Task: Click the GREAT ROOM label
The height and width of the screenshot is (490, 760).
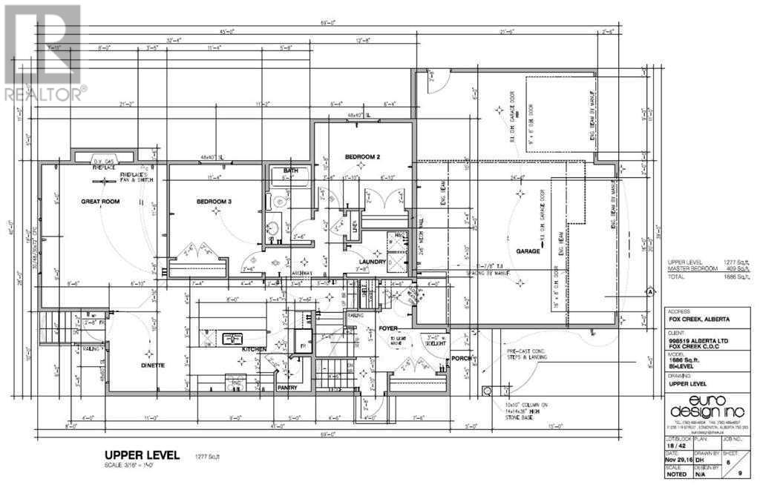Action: (x=100, y=201)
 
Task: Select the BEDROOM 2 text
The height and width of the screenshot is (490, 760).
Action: (x=362, y=157)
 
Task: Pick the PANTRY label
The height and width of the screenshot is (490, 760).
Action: (x=287, y=387)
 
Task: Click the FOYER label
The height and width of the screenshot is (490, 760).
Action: (x=388, y=327)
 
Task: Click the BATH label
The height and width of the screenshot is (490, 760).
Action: (x=289, y=171)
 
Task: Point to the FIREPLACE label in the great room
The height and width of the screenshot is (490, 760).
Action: (x=103, y=168)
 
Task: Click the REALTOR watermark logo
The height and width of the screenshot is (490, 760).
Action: (x=43, y=52)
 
